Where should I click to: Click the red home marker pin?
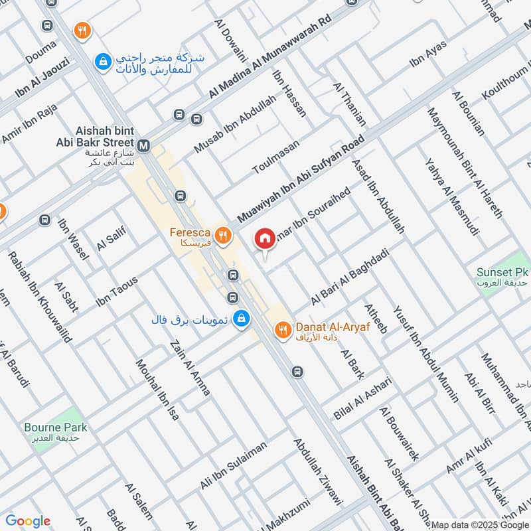tap(265, 238)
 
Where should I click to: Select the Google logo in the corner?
tap(28, 521)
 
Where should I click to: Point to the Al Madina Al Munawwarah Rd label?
tap(270, 58)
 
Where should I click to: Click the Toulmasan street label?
tap(276, 157)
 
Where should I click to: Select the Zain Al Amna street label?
tap(190, 368)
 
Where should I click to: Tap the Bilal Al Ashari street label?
tap(363, 398)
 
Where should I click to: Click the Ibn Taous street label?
tap(117, 291)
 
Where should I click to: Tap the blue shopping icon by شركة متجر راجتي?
tap(102, 62)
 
